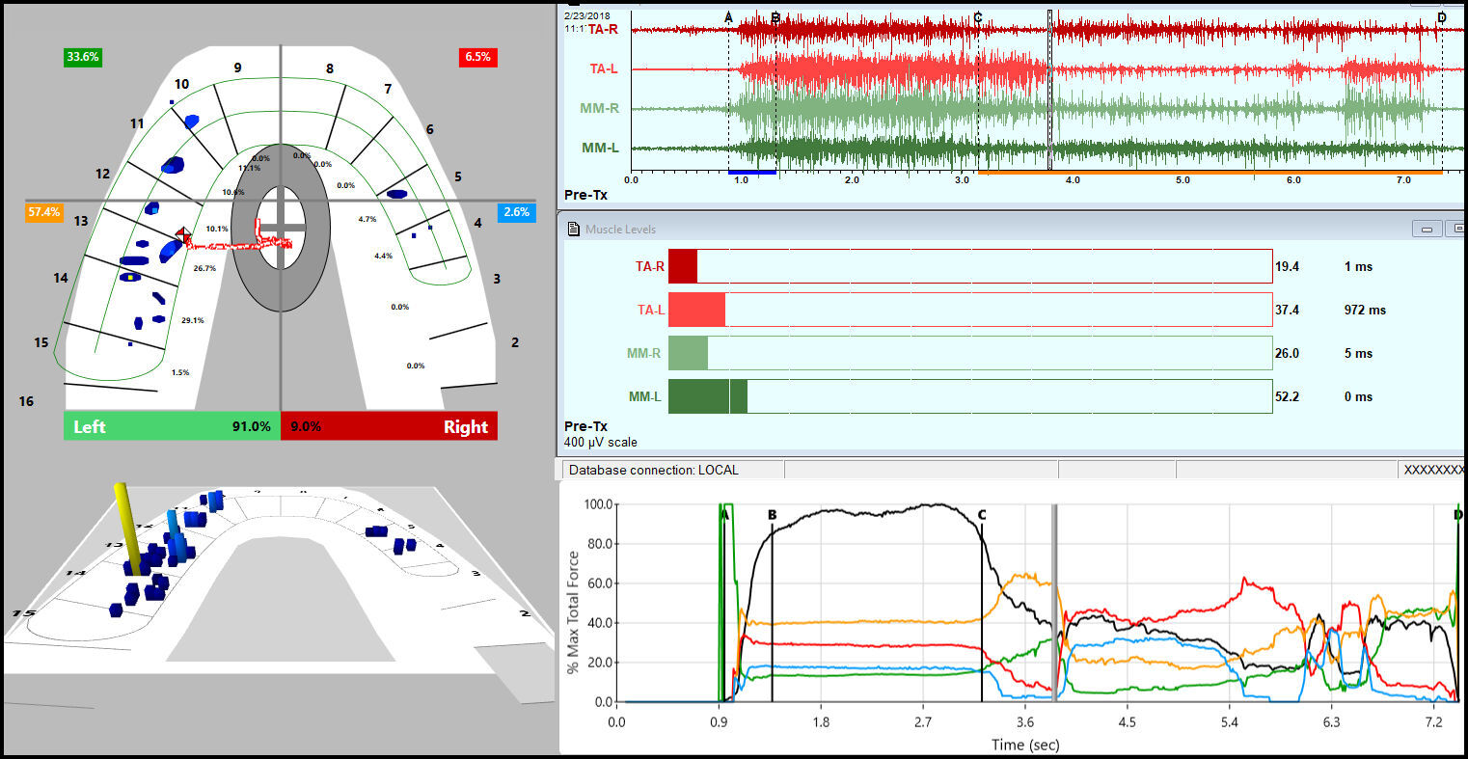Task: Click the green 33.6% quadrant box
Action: pos(82,57)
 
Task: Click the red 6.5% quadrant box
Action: pos(477,57)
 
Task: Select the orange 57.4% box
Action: pos(43,211)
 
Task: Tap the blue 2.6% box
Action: pos(517,212)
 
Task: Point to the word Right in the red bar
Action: pos(465,426)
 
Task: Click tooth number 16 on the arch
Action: pos(26,400)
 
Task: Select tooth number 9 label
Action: pos(237,68)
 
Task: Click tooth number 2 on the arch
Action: pos(515,342)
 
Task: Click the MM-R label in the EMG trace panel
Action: pos(599,108)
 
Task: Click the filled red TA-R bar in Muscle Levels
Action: pos(682,266)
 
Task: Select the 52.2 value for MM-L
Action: pos(1287,396)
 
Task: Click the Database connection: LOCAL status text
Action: pos(653,470)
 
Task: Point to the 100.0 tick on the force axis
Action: pos(596,504)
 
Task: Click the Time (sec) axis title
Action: pos(1024,744)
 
